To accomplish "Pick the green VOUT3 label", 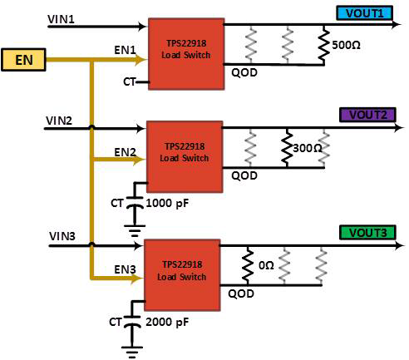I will pos(364,233).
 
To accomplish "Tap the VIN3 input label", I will pos(63,237).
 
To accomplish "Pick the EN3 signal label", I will pos(124,269).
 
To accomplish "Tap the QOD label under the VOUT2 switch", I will pos(244,175).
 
